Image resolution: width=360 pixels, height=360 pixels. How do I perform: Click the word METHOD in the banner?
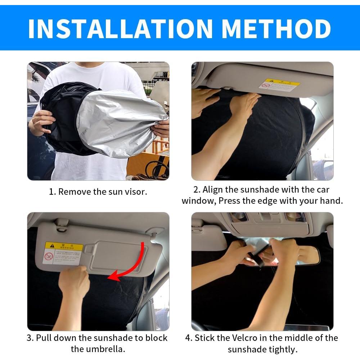276,28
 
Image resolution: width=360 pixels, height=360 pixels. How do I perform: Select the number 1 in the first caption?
51,192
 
